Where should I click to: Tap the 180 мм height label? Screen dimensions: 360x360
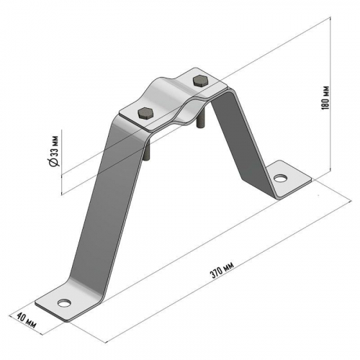(325, 98)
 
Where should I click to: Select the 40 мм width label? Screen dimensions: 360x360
(27, 321)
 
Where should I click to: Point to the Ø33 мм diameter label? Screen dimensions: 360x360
(54, 150)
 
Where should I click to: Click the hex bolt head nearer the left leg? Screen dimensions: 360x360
(145, 112)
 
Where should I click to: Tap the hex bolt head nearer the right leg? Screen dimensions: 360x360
(200, 81)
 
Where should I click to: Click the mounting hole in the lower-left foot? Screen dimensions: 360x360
(64, 303)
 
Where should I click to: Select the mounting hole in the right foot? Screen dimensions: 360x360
(281, 179)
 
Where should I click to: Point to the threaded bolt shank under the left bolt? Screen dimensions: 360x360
(146, 150)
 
